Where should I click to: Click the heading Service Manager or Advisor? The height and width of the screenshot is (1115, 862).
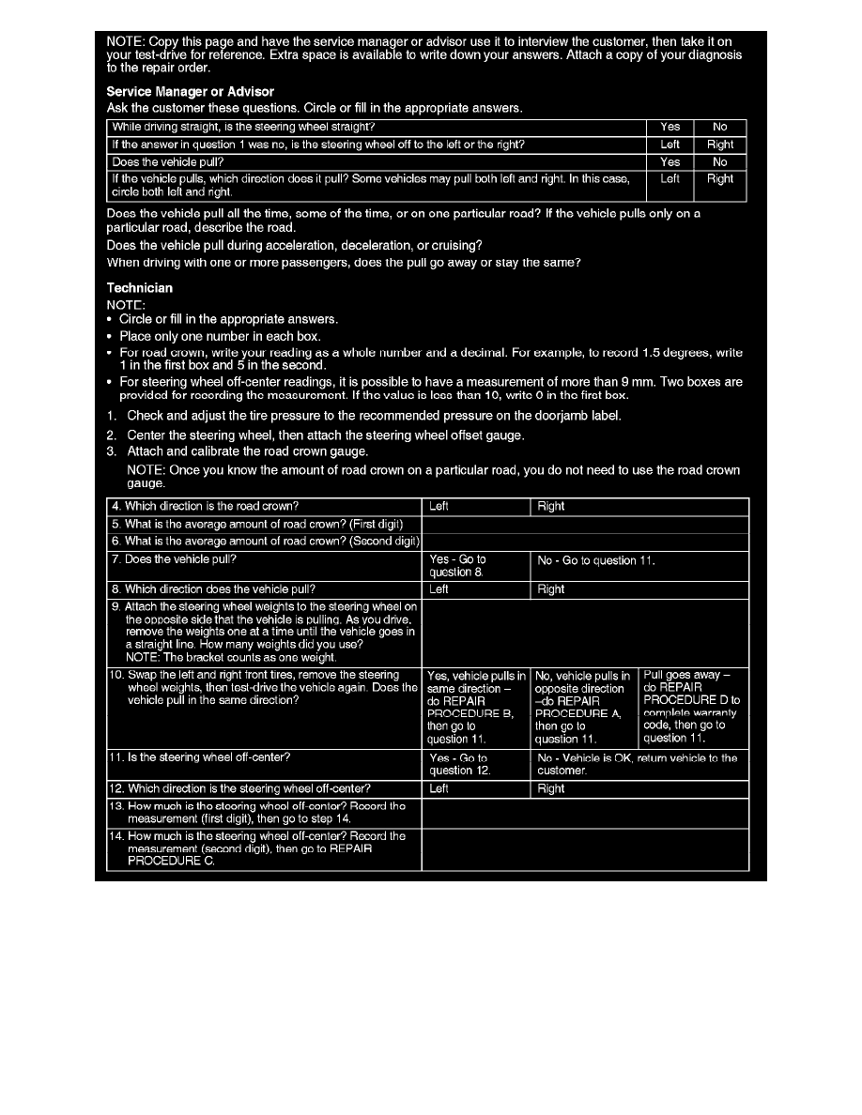click(x=191, y=92)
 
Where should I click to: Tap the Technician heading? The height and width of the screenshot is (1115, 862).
click(x=139, y=287)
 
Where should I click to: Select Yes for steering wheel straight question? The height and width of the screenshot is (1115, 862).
click(x=670, y=128)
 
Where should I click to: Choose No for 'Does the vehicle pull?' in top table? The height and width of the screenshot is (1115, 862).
click(x=719, y=162)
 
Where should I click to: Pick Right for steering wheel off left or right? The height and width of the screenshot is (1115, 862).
click(x=719, y=145)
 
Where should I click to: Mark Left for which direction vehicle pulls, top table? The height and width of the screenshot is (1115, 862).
click(x=670, y=178)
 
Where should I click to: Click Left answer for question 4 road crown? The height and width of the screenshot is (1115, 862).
click(x=475, y=507)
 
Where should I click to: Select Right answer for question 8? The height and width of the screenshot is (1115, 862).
click(x=639, y=589)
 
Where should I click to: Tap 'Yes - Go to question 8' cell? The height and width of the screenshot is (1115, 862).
click(x=475, y=566)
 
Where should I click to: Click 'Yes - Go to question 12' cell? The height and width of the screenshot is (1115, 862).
click(x=475, y=765)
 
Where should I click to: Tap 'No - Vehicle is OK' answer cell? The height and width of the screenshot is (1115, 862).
click(x=639, y=764)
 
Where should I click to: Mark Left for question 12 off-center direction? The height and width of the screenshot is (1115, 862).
click(x=475, y=789)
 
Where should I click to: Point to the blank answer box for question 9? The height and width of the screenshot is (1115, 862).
click(x=585, y=634)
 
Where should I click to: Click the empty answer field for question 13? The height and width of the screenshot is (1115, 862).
click(x=585, y=813)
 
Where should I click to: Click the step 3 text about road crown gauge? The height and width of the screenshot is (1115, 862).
click(x=247, y=451)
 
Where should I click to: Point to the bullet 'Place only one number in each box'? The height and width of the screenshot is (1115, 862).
click(x=220, y=336)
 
